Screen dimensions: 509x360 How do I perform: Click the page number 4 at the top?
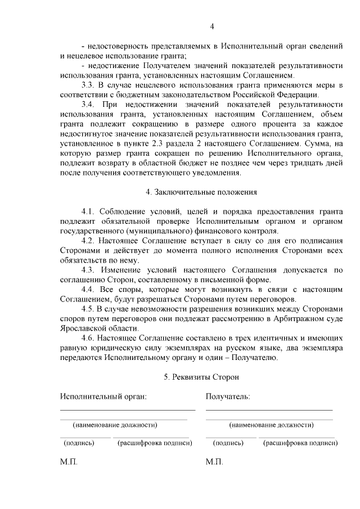click(x=212, y=26)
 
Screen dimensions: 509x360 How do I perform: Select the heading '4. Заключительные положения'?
click(x=201, y=192)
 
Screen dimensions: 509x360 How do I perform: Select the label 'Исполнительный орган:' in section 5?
click(x=103, y=397)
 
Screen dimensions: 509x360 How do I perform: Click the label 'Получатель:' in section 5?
click(x=228, y=397)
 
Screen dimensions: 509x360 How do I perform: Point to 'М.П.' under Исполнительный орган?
click(x=69, y=462)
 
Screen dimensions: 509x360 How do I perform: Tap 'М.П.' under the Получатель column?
click(x=214, y=462)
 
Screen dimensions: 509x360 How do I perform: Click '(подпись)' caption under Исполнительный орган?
click(x=79, y=443)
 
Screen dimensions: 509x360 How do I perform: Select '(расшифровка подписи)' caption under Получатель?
click(x=300, y=443)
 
